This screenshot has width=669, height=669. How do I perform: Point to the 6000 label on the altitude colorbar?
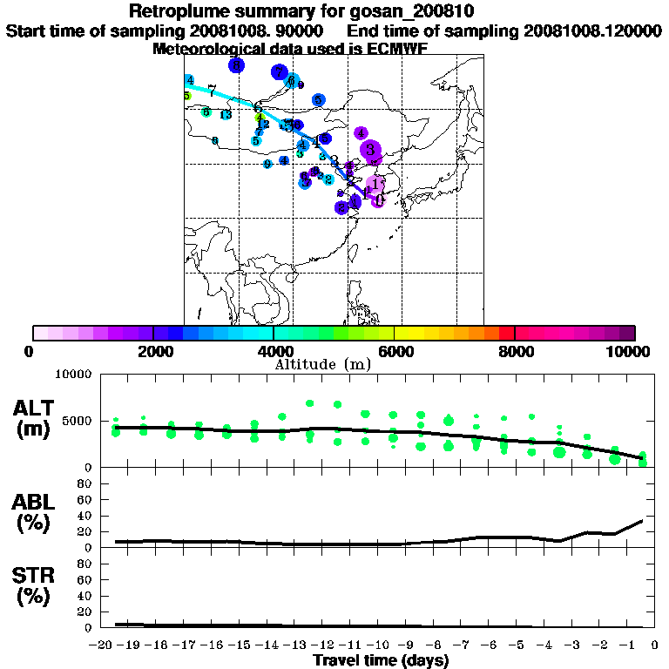pos(395,351)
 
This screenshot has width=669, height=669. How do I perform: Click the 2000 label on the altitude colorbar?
pos(153,351)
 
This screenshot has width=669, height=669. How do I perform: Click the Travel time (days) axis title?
pos(381,661)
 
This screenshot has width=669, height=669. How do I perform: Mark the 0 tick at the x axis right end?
pos(653,645)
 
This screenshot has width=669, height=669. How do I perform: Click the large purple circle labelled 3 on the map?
pos(371,150)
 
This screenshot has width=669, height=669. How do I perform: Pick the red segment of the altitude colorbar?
pos(507,333)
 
